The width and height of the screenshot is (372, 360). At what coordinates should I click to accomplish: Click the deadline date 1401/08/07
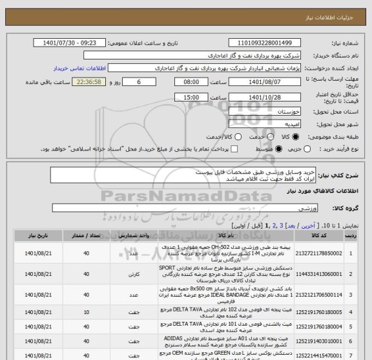pos(265,83)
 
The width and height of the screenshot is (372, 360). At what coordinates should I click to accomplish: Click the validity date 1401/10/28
pos(265,96)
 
